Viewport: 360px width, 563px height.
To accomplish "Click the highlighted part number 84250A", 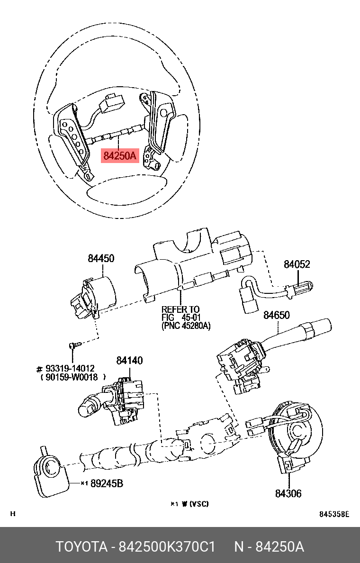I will pos(120,155).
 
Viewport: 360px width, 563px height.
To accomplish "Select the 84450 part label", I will pos(100,258).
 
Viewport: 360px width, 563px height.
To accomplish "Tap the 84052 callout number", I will pos(297,264).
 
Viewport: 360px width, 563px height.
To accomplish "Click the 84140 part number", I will pos(129,361).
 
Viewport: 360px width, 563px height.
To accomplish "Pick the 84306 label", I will pos(288,493).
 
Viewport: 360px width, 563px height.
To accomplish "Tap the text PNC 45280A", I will pos(186,326).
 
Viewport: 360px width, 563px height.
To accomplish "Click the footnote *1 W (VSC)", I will pos(189,504).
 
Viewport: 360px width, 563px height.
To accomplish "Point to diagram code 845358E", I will pos(333,514).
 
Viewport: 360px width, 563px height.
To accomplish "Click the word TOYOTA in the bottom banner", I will pos(81,546).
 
